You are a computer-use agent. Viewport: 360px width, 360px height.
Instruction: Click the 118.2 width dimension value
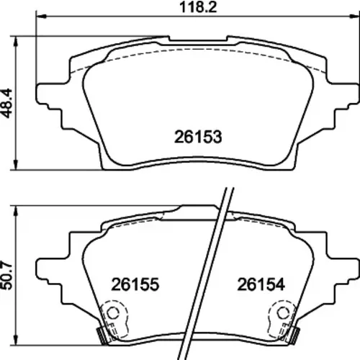click(198, 7)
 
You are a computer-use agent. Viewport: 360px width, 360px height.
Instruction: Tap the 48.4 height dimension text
click(6, 104)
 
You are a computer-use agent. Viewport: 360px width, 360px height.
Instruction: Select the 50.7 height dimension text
click(6, 276)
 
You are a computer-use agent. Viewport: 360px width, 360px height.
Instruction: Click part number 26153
click(198, 137)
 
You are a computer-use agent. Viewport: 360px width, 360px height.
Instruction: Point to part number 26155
click(135, 284)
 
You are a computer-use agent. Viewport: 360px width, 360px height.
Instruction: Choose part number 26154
click(261, 284)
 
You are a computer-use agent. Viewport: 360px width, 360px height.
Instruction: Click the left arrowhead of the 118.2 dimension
click(41, 17)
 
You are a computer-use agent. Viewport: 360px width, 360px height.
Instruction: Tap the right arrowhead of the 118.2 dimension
click(355, 17)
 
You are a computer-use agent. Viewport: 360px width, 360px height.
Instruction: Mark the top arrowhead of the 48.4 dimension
click(16, 42)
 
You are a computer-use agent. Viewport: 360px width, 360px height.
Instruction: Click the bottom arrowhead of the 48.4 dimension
click(16, 165)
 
